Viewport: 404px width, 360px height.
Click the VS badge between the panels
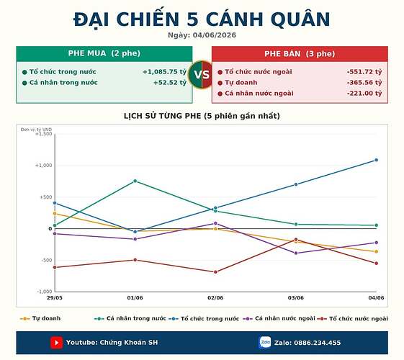202,75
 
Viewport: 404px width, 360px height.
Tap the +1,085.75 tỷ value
164,72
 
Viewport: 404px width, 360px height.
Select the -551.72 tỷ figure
364,72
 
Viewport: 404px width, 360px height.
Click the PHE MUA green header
104,53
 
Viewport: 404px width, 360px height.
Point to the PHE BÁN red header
300,54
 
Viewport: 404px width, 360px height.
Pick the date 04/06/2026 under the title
215,35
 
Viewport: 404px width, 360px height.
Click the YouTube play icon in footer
56,343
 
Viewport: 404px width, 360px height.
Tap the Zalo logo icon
265,343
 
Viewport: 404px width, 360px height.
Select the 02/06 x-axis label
215,297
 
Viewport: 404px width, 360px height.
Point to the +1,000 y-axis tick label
43,166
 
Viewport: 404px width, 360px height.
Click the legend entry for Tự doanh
40,318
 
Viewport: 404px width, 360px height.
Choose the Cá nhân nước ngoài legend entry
279,318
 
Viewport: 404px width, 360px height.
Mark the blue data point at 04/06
376,160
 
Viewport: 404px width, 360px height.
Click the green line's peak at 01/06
135,181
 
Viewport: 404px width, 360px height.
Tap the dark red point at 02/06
215,272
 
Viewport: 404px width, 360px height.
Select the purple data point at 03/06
296,253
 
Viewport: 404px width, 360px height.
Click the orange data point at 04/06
376,251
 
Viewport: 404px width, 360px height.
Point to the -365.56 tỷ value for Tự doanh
364,83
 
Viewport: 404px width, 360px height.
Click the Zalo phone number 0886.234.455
317,343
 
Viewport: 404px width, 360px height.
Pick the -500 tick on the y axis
47,261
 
